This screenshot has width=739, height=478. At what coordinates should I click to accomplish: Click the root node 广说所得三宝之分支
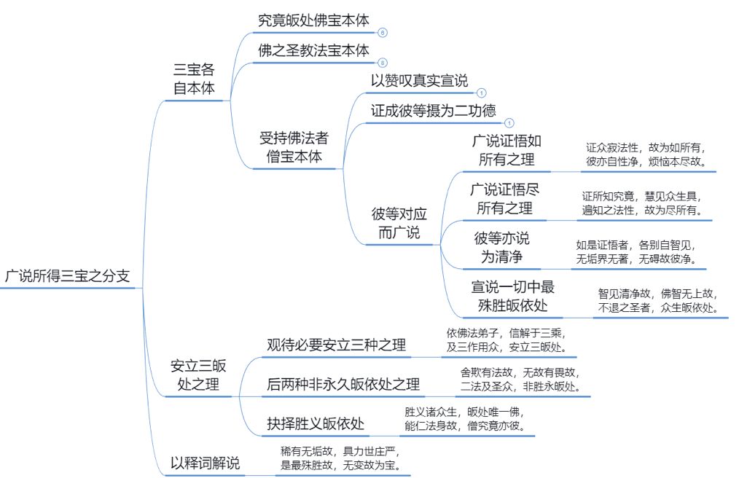click(x=67, y=275)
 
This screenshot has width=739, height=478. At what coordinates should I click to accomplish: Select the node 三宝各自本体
click(x=194, y=79)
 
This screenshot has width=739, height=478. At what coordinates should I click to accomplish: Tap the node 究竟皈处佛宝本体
click(x=313, y=20)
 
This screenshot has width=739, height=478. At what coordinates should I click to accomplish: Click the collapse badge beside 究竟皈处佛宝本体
click(x=383, y=33)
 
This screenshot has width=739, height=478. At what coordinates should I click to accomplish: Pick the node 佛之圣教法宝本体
click(x=313, y=50)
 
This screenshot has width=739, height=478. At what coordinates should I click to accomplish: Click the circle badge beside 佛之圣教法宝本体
click(x=383, y=63)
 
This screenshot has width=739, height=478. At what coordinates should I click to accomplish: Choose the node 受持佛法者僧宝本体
click(x=294, y=147)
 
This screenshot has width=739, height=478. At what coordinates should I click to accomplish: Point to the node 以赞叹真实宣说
click(x=420, y=81)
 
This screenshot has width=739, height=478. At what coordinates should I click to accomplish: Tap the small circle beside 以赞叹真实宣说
click(x=481, y=93)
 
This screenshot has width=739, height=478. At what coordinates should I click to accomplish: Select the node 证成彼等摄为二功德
click(x=433, y=111)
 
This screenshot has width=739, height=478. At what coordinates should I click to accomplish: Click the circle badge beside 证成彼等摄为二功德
click(x=509, y=123)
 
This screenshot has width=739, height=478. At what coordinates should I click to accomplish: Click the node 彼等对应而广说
click(x=399, y=223)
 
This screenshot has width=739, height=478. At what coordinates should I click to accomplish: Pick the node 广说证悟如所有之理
click(x=507, y=150)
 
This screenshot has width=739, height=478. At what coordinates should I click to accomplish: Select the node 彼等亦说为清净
click(x=502, y=247)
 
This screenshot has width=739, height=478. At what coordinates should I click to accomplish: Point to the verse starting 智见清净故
click(x=658, y=301)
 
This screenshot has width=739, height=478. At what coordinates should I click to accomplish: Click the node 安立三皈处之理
click(x=198, y=375)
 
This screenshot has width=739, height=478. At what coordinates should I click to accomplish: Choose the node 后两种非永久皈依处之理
click(x=343, y=384)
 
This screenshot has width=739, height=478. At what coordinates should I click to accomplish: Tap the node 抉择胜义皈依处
click(x=316, y=424)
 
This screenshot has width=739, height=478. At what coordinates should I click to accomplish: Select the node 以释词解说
click(x=205, y=463)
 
